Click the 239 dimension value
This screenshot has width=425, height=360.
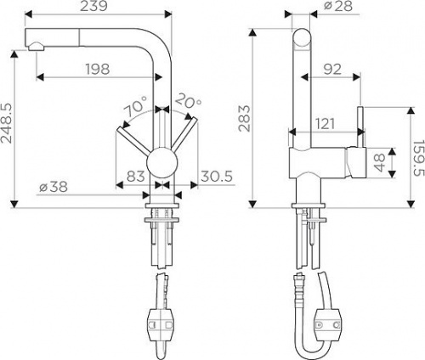click(x=93, y=6)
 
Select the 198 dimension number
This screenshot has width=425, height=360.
click(x=98, y=70)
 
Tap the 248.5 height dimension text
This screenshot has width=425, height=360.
click(x=7, y=122)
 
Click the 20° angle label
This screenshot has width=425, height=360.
click(x=188, y=101)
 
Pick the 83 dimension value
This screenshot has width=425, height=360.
click(x=136, y=177)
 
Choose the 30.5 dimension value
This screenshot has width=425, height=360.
click(x=217, y=177)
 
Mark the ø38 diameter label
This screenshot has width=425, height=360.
click(x=54, y=187)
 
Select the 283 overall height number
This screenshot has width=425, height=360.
click(x=244, y=119)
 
